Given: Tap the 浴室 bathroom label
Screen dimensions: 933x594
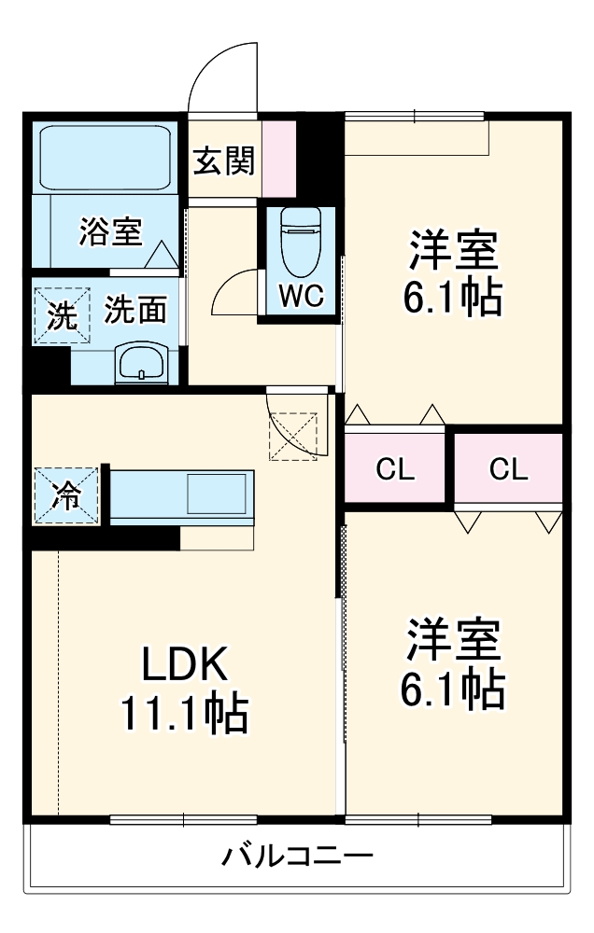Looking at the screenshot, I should (110, 230).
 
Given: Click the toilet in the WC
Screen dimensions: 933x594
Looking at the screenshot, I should (300, 233).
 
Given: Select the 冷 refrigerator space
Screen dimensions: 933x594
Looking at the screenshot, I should (64, 495).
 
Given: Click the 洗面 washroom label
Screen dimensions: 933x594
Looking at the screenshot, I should (134, 309).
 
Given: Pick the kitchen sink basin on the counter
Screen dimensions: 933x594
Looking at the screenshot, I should (219, 494).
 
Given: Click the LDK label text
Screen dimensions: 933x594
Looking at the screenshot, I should (184, 664).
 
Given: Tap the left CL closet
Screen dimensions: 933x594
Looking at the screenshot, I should (394, 469).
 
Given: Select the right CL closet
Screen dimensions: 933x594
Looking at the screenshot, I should (509, 469).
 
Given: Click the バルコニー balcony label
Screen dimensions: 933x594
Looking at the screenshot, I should (297, 855).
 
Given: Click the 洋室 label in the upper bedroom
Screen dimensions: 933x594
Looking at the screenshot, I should (453, 250).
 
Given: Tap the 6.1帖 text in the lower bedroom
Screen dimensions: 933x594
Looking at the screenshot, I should (453, 689).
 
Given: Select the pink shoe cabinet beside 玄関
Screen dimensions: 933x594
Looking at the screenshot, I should (278, 158).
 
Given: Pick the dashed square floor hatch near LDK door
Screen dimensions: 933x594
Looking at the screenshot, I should (292, 437).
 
